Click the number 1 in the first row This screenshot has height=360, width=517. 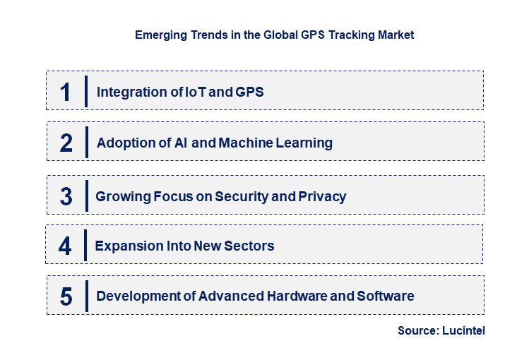(66, 92)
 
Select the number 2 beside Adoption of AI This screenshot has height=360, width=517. (66, 143)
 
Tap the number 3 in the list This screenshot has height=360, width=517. (66, 196)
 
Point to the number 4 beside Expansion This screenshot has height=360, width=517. (65, 246)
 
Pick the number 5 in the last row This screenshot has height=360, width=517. (66, 296)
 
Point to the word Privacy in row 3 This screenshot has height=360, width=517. (323, 196)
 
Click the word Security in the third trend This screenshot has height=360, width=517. (242, 196)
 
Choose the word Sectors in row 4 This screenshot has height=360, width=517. (249, 246)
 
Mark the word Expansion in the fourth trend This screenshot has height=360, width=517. (127, 246)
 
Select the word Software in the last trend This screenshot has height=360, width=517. (386, 296)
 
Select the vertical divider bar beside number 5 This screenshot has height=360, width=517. (86, 296)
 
